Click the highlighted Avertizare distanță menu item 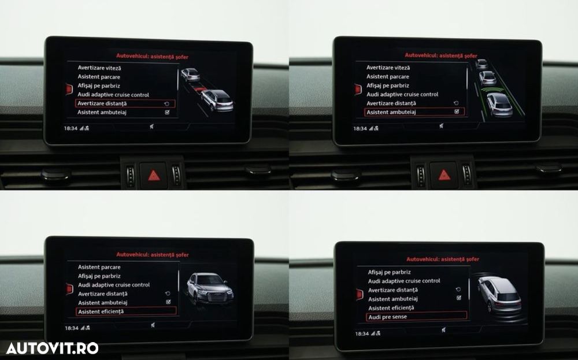click(102, 103)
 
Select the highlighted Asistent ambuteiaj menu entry click(390, 112)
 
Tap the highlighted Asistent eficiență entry click(101, 311)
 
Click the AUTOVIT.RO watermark click(52, 348)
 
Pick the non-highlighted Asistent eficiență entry click(391, 307)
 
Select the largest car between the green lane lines click(499, 104)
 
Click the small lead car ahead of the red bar click(190, 74)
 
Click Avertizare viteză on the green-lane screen click(388, 68)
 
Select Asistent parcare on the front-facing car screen click(99, 267)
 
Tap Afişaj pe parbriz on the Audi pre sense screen click(390, 272)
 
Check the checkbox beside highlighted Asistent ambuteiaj click(457, 112)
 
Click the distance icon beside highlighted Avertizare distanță click(167, 103)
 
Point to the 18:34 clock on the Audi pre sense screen click(361, 333)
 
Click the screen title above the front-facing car click(153, 254)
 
